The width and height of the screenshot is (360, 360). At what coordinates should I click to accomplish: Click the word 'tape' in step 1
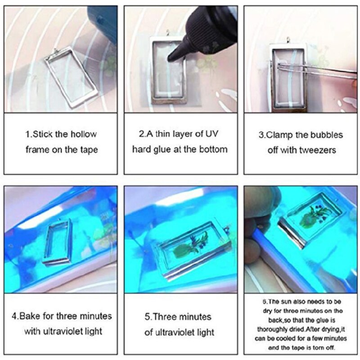[88, 149]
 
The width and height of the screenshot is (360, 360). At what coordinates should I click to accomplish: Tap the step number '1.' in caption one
[28, 134]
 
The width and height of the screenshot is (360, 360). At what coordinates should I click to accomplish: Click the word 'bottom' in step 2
[212, 149]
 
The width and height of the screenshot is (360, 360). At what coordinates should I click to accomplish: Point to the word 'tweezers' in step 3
[319, 150]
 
